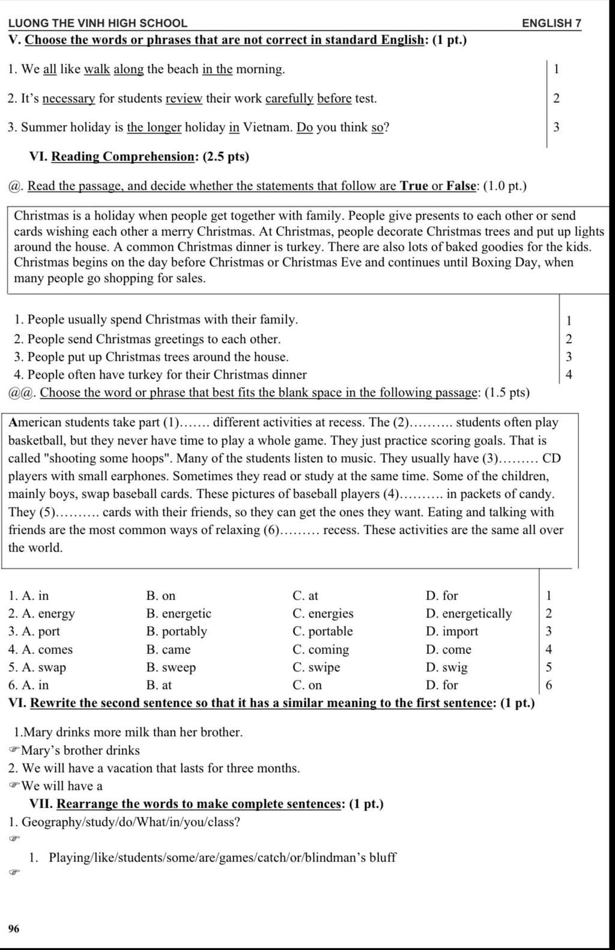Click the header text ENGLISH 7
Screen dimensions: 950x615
(551, 23)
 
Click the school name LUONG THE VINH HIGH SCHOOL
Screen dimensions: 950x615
(97, 23)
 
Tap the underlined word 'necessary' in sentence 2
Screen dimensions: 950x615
(69, 98)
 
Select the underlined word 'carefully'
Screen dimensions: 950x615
(289, 98)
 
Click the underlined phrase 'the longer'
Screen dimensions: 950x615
(154, 127)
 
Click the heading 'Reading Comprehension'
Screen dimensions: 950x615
(123, 157)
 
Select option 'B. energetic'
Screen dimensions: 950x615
(178, 613)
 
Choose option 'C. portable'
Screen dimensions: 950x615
(323, 631)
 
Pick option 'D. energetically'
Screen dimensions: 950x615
(468, 613)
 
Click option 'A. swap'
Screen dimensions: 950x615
(37, 667)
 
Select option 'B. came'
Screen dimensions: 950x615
(168, 649)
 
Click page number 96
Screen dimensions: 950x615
(14, 929)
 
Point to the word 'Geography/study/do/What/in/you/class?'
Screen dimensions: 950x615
(131, 822)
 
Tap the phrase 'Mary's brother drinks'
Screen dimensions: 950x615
(80, 750)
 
